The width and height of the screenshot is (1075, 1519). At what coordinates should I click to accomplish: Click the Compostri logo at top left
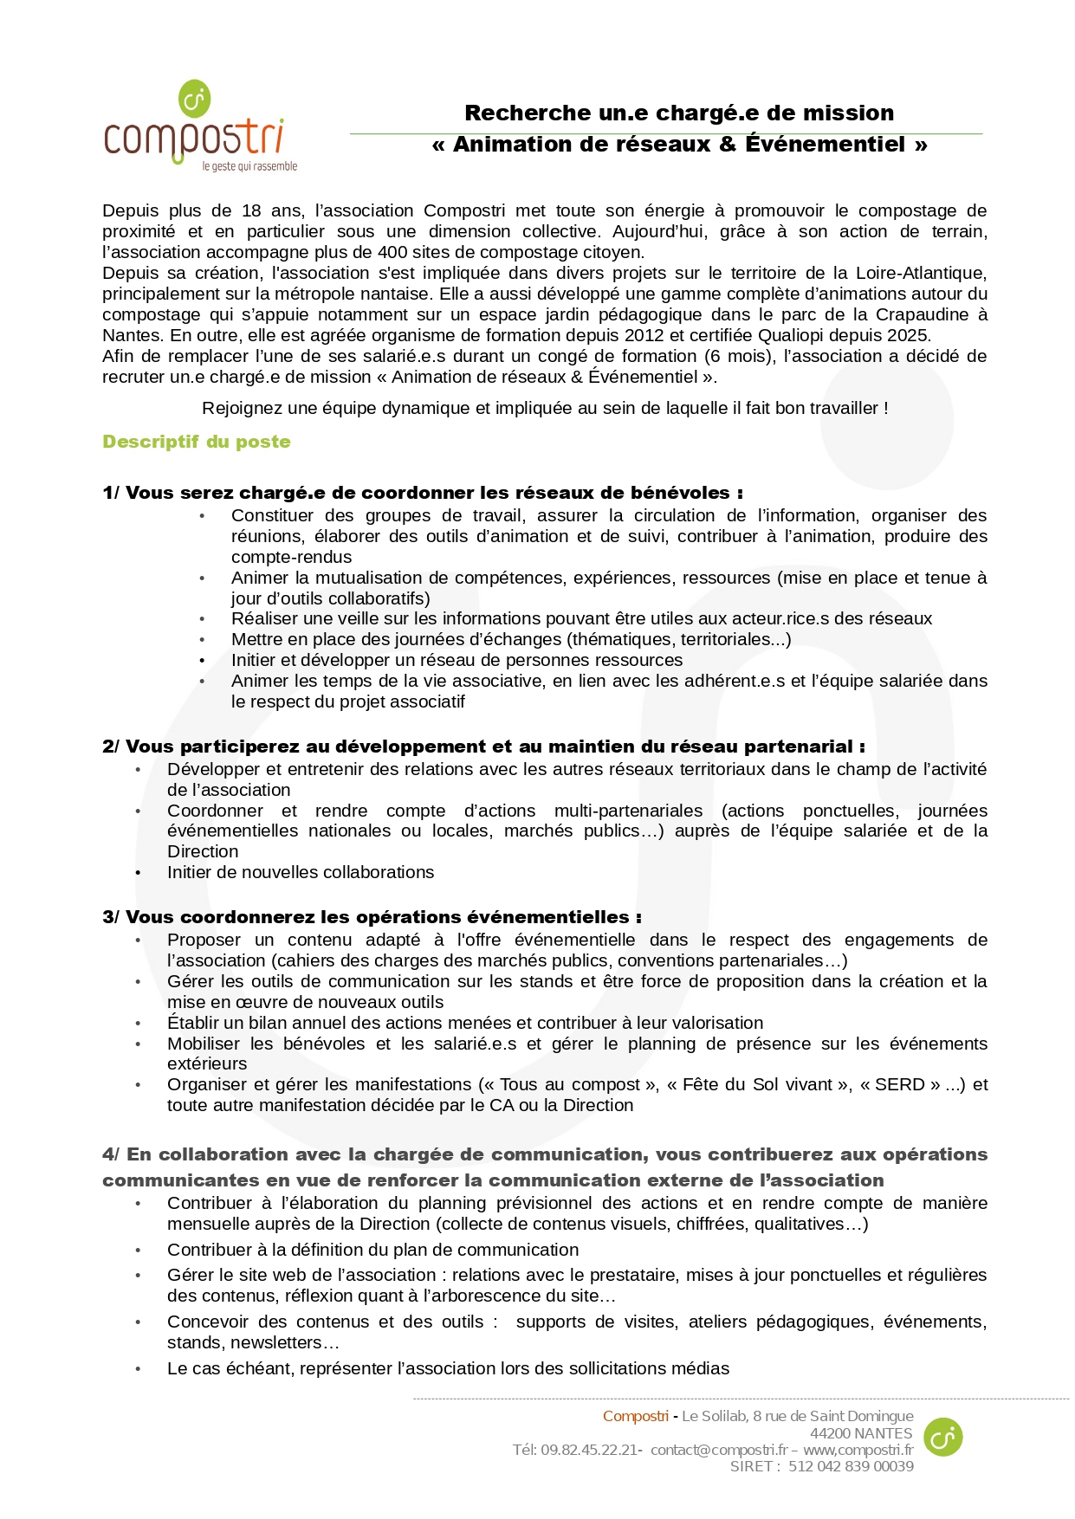coord(195,126)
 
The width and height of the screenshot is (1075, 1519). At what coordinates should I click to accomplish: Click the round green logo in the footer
coord(942,1437)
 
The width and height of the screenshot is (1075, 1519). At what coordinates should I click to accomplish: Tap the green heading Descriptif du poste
coord(197,442)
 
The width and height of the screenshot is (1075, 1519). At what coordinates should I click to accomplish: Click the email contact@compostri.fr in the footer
coord(719,1450)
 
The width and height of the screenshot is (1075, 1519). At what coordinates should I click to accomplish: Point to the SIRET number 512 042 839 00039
coord(851,1466)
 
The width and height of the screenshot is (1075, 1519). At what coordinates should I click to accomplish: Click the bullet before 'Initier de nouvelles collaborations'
coord(138,873)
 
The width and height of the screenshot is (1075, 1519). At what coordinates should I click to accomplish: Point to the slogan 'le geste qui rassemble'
coord(249,166)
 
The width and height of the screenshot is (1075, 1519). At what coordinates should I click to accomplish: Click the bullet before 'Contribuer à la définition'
coord(138,1251)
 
